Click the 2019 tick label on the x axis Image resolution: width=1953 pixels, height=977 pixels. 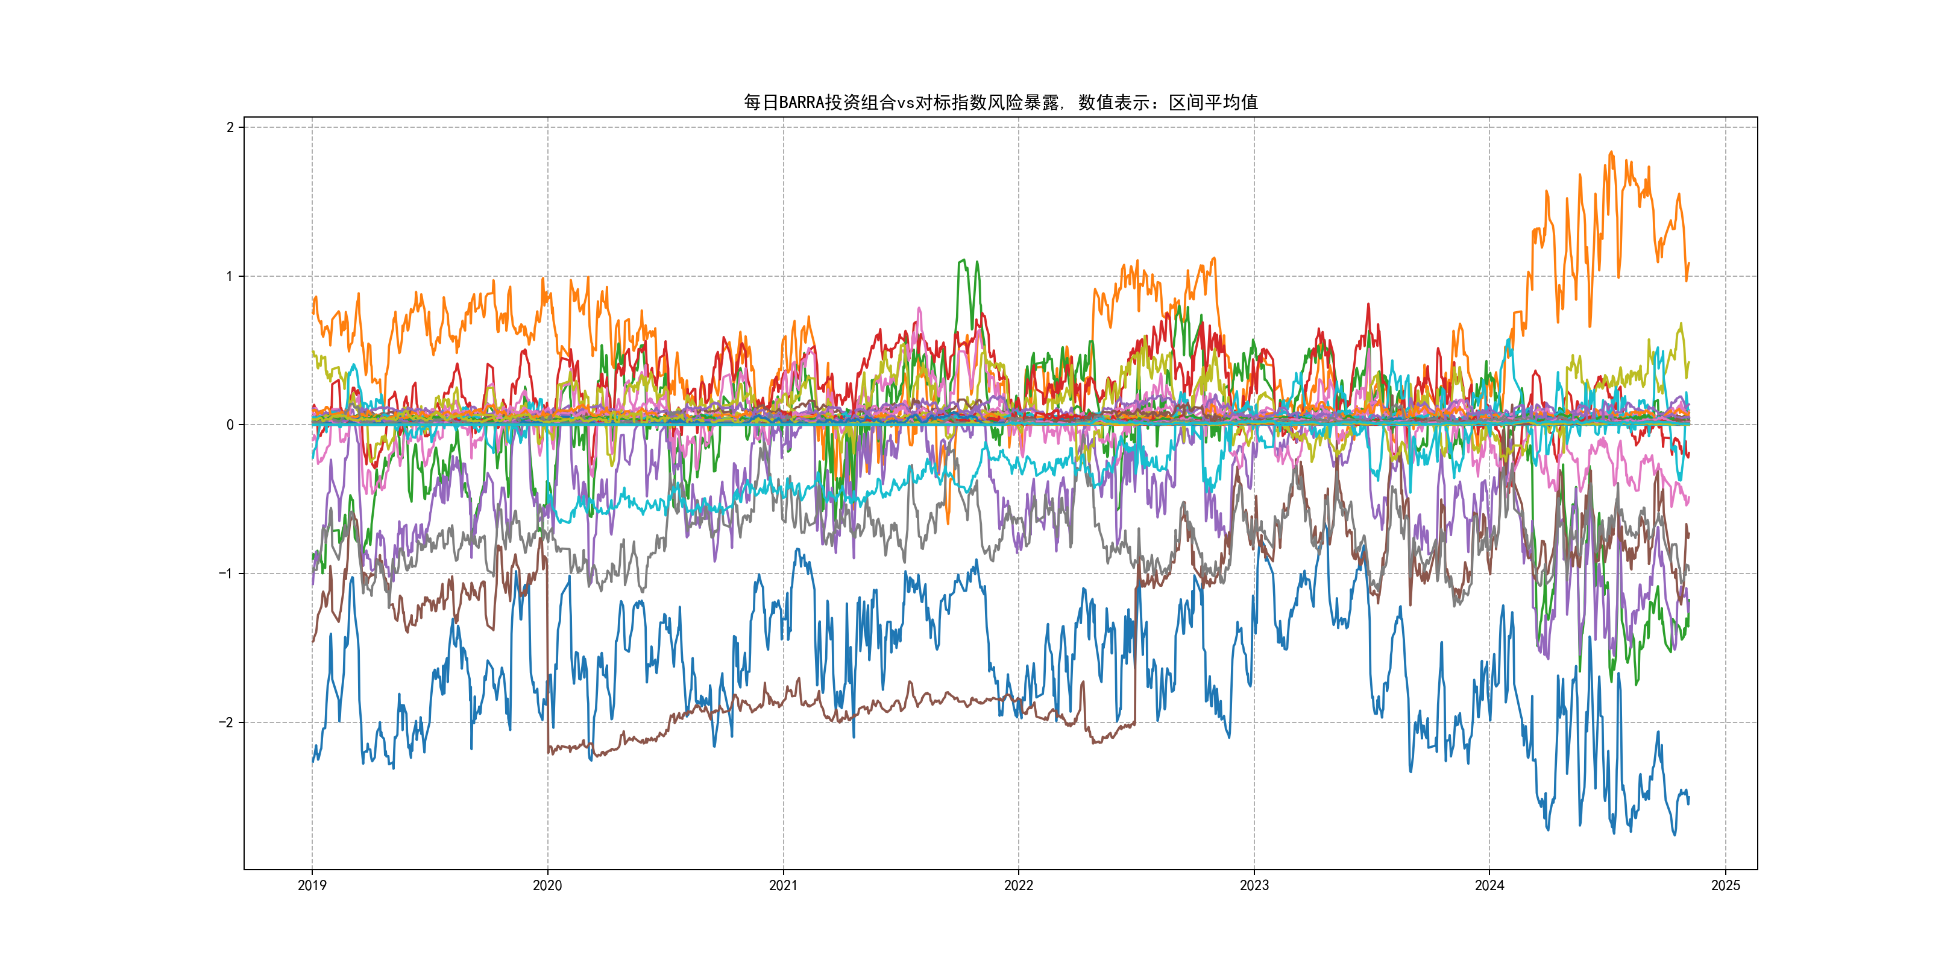312,885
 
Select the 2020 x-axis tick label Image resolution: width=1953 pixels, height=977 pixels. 547,885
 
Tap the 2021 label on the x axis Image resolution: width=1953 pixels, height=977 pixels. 783,885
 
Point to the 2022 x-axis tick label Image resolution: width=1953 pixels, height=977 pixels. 1018,885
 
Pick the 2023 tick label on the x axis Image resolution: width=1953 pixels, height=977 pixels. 1254,885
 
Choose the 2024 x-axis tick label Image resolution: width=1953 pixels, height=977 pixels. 1489,885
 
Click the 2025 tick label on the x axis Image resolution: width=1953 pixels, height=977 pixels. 1726,885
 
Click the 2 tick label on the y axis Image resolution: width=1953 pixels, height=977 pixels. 230,127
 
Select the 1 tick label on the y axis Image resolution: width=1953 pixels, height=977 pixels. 230,276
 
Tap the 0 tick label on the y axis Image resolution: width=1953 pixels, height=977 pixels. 230,425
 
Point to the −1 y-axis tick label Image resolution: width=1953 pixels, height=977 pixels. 226,574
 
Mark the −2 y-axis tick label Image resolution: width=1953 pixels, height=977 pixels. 226,722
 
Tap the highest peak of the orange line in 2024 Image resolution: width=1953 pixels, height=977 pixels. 1611,152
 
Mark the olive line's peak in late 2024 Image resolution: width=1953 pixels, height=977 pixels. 1681,324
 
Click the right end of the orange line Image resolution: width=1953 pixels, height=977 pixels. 1688,263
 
